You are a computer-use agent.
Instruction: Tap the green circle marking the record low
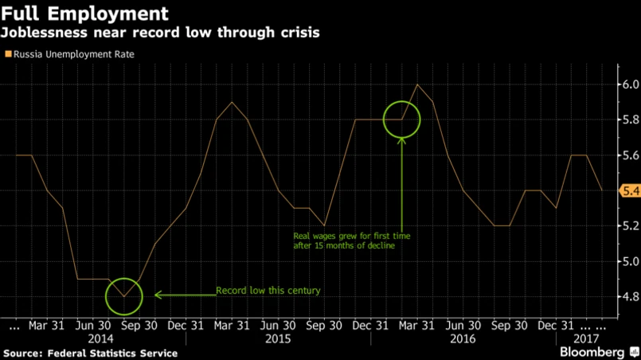coord(123,295)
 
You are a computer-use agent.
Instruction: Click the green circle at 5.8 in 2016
coord(401,119)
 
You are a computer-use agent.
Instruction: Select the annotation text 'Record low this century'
coord(268,291)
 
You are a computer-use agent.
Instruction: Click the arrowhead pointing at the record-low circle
coord(158,295)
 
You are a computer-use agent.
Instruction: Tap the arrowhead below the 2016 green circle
coord(401,141)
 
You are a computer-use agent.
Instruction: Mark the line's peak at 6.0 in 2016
coord(417,84)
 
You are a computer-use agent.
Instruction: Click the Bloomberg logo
coord(592,351)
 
